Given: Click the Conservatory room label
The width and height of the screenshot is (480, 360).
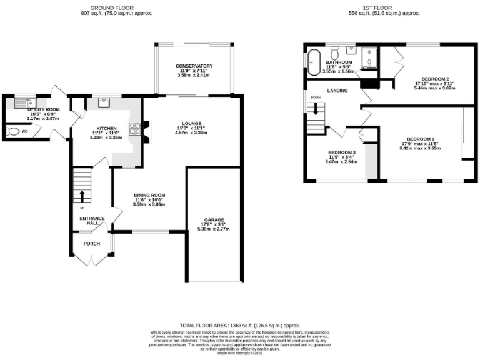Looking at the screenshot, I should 194,66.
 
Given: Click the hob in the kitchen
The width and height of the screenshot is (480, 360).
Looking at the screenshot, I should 134,128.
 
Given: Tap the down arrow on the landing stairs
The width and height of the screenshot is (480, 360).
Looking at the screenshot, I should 316,108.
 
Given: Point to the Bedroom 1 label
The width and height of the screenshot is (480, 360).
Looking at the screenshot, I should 420,138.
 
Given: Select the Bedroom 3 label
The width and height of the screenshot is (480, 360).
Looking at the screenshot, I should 341,152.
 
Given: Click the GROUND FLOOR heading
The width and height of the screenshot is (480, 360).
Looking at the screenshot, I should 119,7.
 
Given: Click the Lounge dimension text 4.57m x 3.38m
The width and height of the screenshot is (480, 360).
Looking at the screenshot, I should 191,132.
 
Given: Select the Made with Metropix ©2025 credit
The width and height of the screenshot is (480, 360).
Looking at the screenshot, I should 240,353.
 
